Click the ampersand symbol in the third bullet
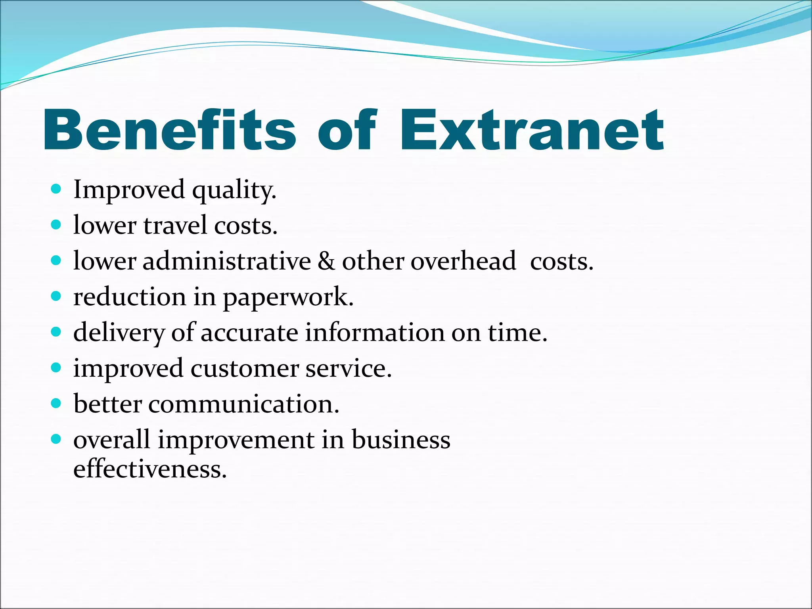(x=326, y=262)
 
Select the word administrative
(x=227, y=262)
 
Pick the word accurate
(x=249, y=333)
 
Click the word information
(x=375, y=333)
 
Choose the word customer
(x=244, y=369)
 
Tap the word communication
(x=244, y=404)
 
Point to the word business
(x=401, y=440)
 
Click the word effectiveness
(x=150, y=469)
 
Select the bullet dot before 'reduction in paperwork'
(x=56, y=296)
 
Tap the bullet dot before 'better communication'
(x=56, y=403)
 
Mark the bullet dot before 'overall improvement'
(x=56, y=439)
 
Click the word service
(x=348, y=369)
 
